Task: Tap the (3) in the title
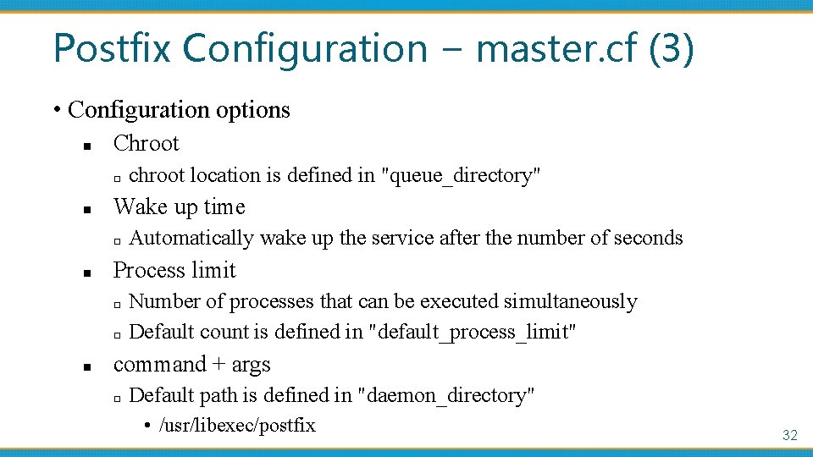click(672, 48)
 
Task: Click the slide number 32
click(789, 435)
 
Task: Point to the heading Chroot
click(147, 143)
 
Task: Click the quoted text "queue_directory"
click(462, 175)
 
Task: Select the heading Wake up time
click(180, 206)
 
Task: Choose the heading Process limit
click(174, 270)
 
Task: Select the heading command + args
click(192, 364)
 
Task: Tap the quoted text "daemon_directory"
click(447, 395)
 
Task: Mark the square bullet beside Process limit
click(86, 273)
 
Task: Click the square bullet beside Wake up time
click(86, 210)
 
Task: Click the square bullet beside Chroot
click(86, 146)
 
